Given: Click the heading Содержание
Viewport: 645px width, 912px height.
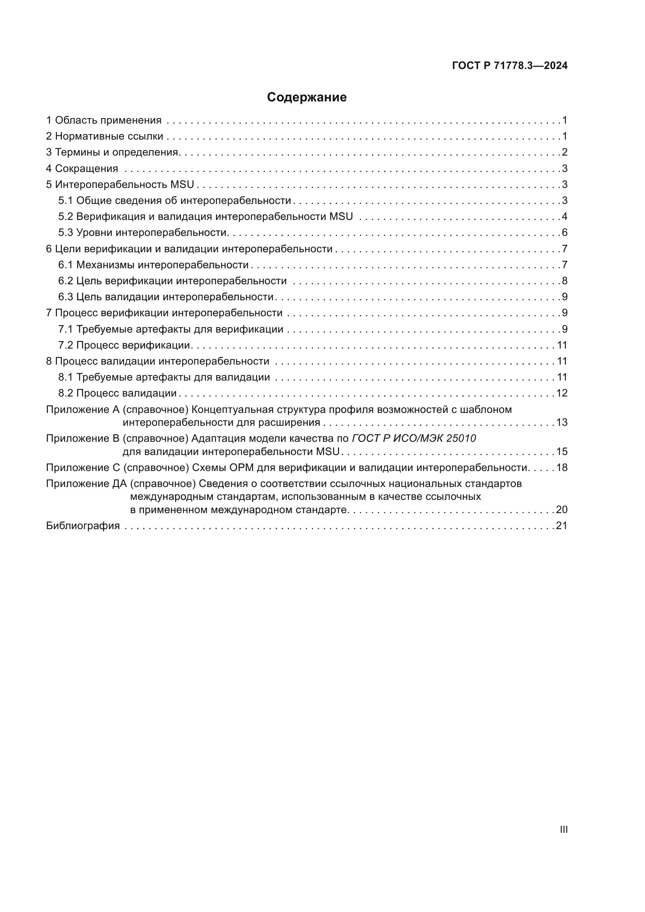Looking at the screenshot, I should point(307,97).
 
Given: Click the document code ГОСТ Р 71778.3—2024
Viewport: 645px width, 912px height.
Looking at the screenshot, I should point(510,66).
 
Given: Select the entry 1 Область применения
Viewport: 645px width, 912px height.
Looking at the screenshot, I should point(104,120).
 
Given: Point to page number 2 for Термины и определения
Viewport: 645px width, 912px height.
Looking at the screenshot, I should point(564,152).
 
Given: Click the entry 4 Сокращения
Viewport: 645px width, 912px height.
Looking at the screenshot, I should point(82,168).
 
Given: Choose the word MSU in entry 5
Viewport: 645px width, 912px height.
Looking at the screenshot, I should point(182,184).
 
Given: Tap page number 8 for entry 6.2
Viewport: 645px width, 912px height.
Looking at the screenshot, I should point(564,281).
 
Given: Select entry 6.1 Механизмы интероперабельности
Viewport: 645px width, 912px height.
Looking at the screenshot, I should point(153,264).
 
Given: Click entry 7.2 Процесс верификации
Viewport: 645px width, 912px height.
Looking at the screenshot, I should point(125,345).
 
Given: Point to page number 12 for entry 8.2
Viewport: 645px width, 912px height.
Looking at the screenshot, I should point(562,393).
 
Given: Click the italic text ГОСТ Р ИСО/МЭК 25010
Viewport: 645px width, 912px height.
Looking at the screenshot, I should point(414,438).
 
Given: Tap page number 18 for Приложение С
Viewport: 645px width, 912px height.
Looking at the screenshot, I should point(562,468).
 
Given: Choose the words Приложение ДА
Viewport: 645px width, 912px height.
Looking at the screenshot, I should point(86,483).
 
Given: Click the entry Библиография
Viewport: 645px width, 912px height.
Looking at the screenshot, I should point(83,526).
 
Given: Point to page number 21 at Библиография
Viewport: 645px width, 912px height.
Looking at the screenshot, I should point(562,526).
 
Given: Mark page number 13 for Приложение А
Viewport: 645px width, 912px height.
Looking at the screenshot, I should point(562,422).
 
